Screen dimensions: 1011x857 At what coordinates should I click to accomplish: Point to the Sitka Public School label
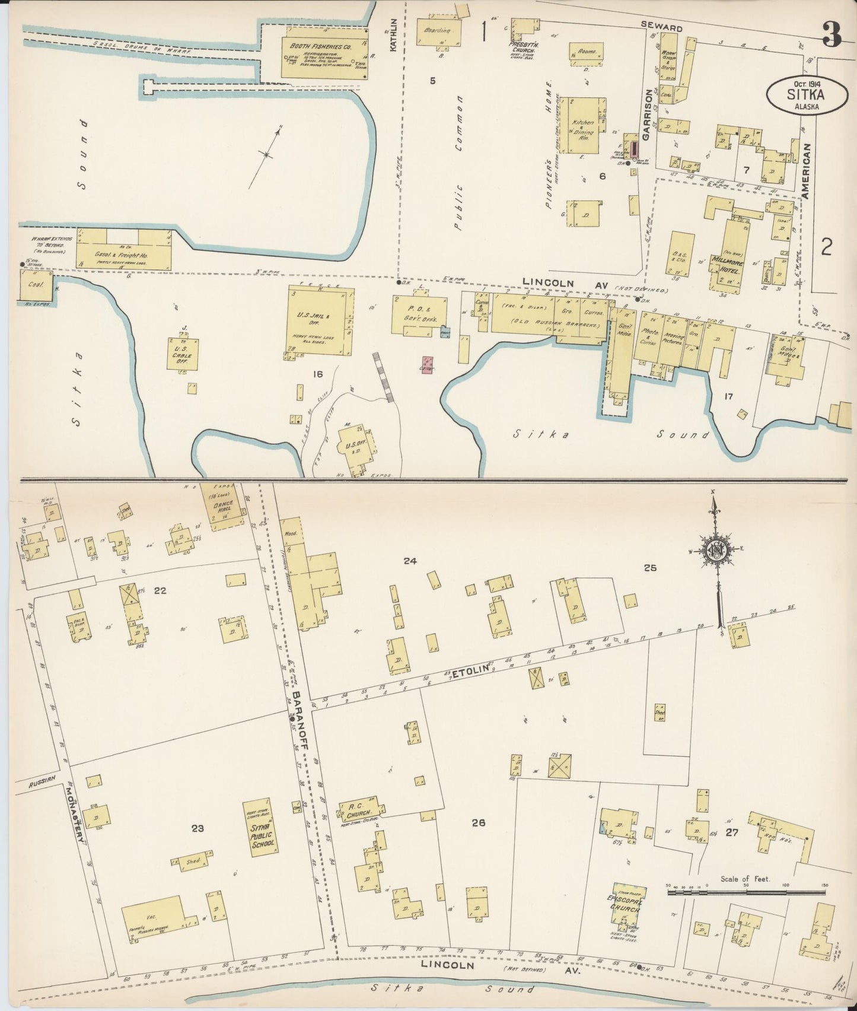(262, 834)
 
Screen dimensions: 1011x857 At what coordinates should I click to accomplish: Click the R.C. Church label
(358, 807)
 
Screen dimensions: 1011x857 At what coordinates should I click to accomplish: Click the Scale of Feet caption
(745, 879)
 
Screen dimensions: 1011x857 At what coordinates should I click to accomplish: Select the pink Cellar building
(428, 364)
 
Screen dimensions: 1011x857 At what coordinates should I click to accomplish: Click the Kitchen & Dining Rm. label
(582, 127)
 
